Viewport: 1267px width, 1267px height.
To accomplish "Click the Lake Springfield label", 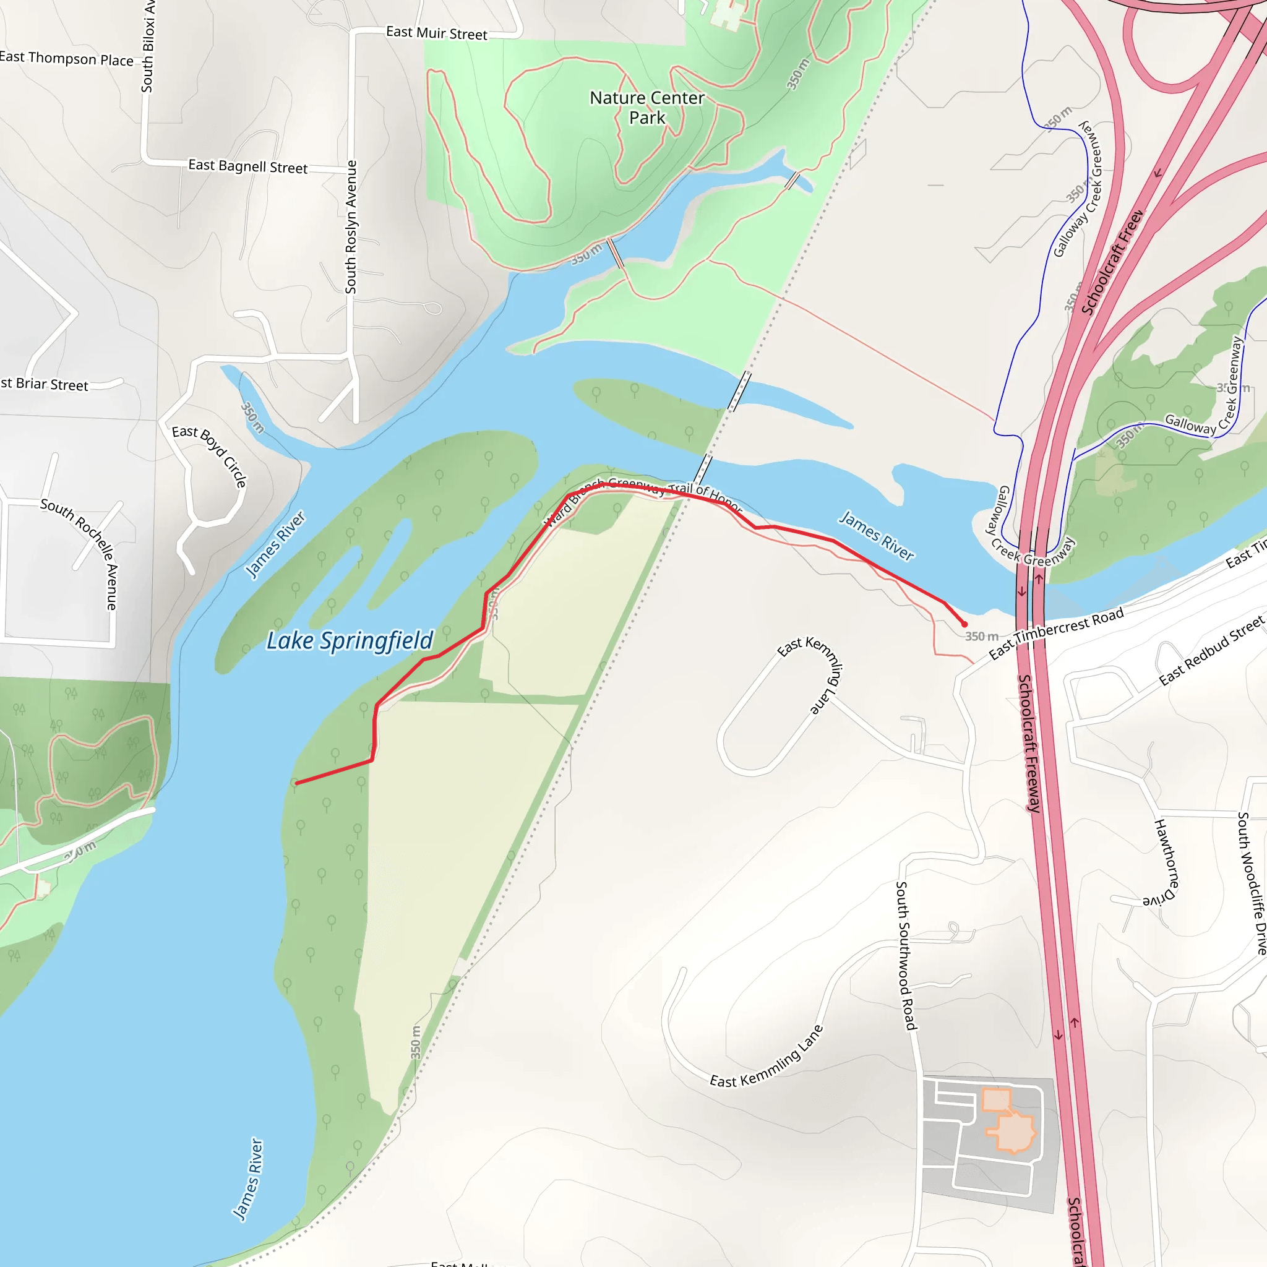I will (350, 641).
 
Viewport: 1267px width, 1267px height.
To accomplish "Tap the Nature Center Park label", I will (646, 108).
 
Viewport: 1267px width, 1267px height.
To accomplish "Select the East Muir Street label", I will (436, 33).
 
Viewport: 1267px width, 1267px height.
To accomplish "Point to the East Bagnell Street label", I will (247, 166).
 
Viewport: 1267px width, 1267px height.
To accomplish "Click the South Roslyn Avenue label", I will (351, 227).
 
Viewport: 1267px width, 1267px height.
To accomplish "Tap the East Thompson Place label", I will (66, 58).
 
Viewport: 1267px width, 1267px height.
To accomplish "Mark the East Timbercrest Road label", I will (1056, 632).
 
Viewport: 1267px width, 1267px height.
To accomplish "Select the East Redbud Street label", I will (1211, 651).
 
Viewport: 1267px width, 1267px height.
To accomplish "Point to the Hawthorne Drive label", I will (1166, 863).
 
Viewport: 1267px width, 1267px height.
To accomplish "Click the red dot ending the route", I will (964, 624).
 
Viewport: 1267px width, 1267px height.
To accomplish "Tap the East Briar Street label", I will (44, 384).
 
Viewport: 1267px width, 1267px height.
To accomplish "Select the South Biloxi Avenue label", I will (148, 46).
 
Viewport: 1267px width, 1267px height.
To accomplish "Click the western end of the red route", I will (297, 783).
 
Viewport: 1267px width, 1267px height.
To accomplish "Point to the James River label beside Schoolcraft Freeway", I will (877, 535).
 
